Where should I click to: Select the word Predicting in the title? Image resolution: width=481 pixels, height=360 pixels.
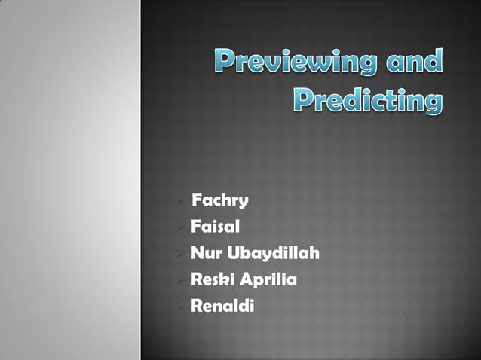[x=366, y=100]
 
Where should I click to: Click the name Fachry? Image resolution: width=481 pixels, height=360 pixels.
[x=220, y=201]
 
